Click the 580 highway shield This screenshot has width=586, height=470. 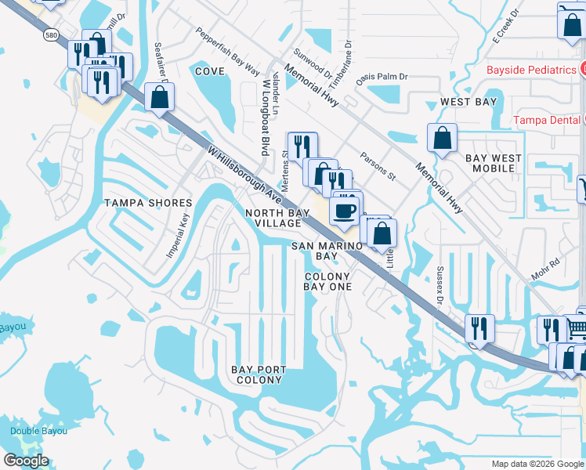[49, 35]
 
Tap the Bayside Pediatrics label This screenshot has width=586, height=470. [531, 70]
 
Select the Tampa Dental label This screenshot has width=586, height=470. [547, 120]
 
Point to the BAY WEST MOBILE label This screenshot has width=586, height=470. [494, 163]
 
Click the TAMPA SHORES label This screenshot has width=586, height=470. [148, 203]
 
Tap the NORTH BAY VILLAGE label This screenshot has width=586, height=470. [273, 218]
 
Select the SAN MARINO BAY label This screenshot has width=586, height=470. [327, 251]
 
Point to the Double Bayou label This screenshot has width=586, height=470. [38, 431]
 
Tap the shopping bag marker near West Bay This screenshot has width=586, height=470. [442, 138]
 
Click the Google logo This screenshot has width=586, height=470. [26, 461]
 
